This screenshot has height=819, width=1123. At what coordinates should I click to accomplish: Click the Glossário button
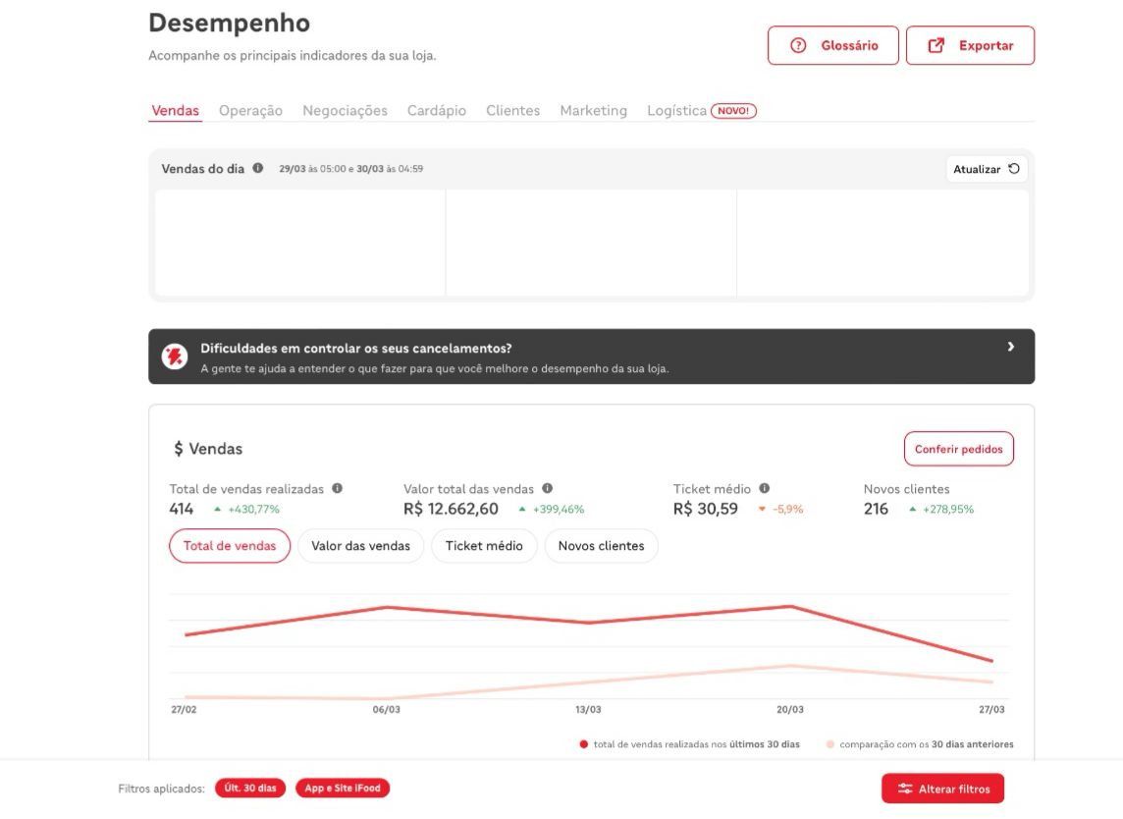833,45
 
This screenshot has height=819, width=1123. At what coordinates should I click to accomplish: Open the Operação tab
250,110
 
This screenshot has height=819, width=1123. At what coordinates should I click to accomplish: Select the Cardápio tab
436,110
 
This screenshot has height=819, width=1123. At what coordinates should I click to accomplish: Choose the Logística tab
676,110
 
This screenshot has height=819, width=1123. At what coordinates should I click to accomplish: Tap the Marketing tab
593,110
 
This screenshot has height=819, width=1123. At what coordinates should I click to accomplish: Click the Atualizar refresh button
987,169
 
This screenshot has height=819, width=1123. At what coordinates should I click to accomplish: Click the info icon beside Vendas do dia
258,168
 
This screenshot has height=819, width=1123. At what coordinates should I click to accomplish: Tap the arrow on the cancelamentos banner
1010,347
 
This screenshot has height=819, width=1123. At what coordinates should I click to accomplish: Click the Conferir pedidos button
958,449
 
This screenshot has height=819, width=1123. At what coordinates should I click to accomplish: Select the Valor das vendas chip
360,546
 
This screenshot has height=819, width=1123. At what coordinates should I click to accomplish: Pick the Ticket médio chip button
484,546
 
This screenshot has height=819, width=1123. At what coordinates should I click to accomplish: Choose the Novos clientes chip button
601,546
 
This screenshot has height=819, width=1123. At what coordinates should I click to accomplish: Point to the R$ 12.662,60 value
451,509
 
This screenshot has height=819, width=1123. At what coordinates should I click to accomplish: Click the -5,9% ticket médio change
788,510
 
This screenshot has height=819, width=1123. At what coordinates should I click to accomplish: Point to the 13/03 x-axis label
588,709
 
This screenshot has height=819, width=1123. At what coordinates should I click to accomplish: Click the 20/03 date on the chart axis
790,709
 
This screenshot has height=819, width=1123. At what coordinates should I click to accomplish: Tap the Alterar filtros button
942,789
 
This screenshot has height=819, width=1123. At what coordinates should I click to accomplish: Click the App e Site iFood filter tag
343,789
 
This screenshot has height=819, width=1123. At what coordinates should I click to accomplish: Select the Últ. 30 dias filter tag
250,789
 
